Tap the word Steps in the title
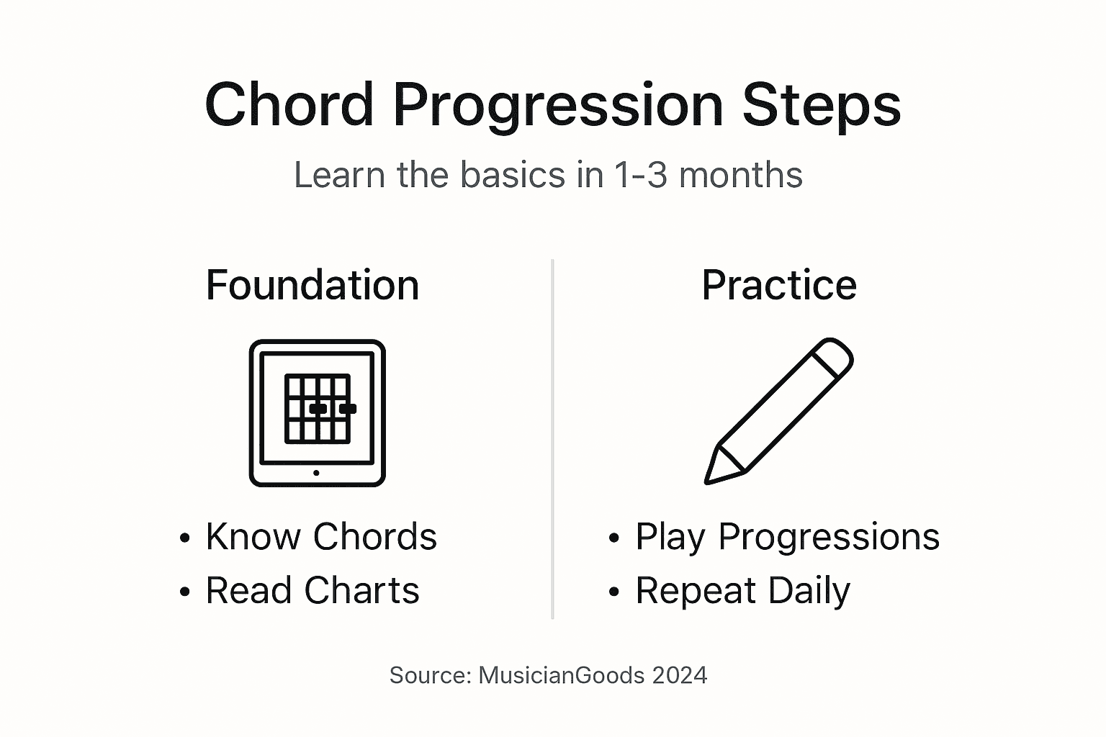click(x=822, y=105)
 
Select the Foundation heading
click(x=313, y=285)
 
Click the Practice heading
click(x=779, y=285)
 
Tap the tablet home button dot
click(x=316, y=473)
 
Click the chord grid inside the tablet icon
click(x=318, y=409)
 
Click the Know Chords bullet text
click(x=321, y=537)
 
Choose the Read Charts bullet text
click(x=313, y=591)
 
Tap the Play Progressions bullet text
click(x=787, y=537)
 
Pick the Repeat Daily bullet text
click(x=742, y=591)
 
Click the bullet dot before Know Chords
click(x=185, y=538)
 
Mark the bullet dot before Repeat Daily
click(x=613, y=592)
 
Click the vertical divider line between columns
click(x=552, y=439)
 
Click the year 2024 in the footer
click(x=680, y=675)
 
